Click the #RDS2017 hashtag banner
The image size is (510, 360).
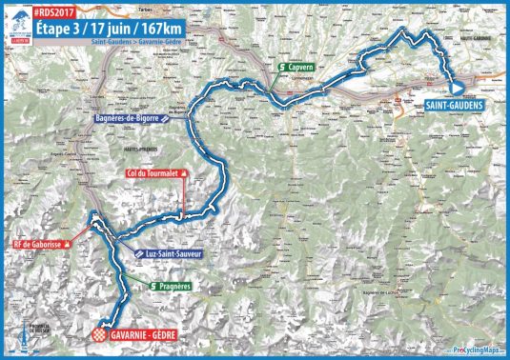(59, 13)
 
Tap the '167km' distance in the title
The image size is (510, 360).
(153, 29)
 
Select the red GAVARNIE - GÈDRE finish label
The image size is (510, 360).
(153, 334)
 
